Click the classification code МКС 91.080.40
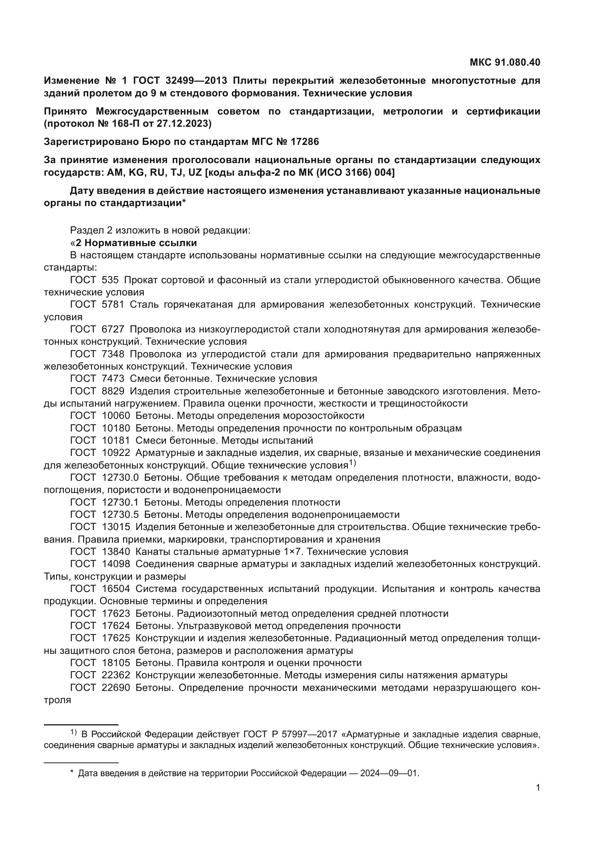(505, 62)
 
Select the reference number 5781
(113, 304)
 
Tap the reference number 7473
(113, 378)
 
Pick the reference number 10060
(116, 416)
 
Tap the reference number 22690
(116, 688)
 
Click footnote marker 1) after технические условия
(352, 463)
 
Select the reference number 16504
(116, 589)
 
